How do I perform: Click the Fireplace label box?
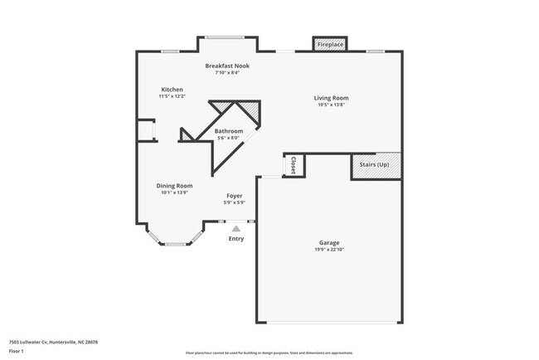[x=329, y=44]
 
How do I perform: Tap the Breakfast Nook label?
[x=227, y=66]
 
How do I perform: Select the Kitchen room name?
[x=172, y=90]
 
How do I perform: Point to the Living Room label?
[x=330, y=98]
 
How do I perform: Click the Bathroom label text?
[x=229, y=131]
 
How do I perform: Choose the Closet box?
[x=294, y=166]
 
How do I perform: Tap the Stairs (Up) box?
[x=375, y=165]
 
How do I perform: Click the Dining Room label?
[x=175, y=186]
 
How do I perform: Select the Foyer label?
[x=235, y=196]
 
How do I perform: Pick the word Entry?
[x=236, y=239]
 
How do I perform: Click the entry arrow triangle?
[x=236, y=228]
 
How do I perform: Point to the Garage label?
[x=329, y=243]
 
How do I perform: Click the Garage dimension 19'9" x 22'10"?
[x=329, y=250]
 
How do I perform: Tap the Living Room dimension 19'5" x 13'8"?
[x=330, y=105]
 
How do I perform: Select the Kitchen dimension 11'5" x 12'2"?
[x=172, y=96]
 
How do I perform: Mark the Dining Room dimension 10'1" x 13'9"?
[x=175, y=192]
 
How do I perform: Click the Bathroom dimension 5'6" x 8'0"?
[x=229, y=138]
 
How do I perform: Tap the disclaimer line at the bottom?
[x=269, y=353]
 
